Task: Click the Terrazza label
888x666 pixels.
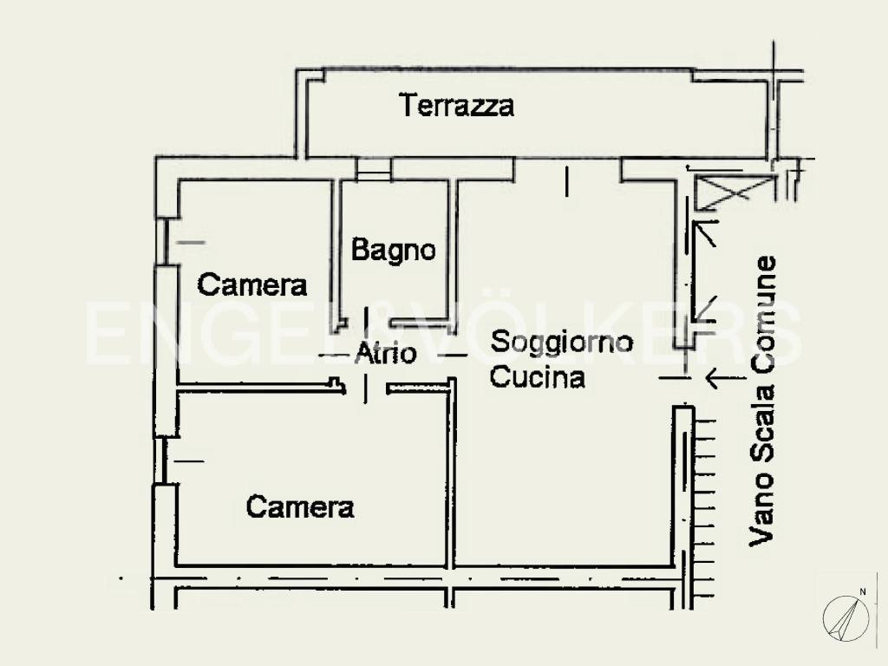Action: [x=456, y=106]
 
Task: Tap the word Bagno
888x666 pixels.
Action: [x=393, y=251]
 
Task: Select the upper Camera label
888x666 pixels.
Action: [x=252, y=284]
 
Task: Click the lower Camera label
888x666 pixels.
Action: [x=300, y=506]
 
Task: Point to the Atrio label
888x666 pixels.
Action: [x=386, y=354]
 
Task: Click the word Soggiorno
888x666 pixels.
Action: [x=562, y=342]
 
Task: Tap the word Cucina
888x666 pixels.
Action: [x=538, y=377]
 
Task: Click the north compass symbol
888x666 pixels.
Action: [x=845, y=617]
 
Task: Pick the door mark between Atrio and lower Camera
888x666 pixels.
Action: [x=365, y=388]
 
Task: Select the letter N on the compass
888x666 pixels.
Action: [x=862, y=592]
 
